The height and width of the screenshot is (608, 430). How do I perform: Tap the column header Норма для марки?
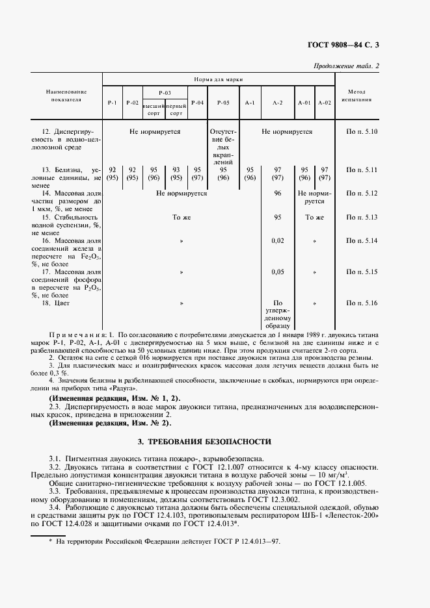218,79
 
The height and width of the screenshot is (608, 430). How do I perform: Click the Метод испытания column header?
359,96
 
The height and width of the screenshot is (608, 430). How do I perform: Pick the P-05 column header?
222,103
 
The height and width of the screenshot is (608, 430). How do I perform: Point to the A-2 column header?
277,103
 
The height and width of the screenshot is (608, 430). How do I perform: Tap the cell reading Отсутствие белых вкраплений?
223,147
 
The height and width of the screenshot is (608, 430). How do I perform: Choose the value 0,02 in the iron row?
277,241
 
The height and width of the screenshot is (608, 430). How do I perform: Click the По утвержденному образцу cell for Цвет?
277,314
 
